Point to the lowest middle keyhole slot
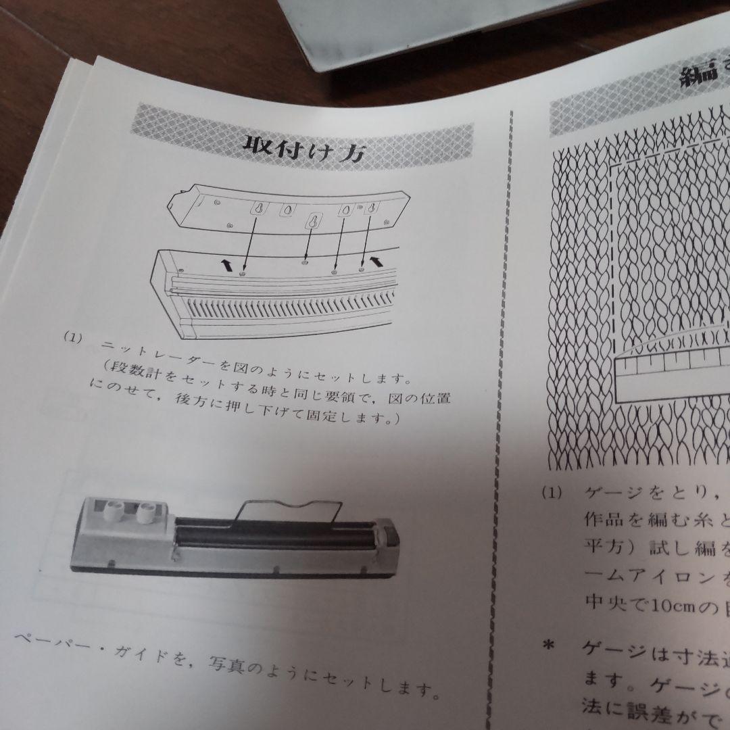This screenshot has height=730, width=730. (314, 222)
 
